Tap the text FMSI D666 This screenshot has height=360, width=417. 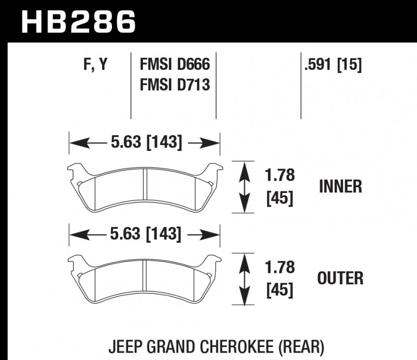[174, 65]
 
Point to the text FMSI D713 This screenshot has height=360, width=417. [174, 83]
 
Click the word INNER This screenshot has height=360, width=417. [340, 186]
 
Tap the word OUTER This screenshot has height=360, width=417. [340, 279]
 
